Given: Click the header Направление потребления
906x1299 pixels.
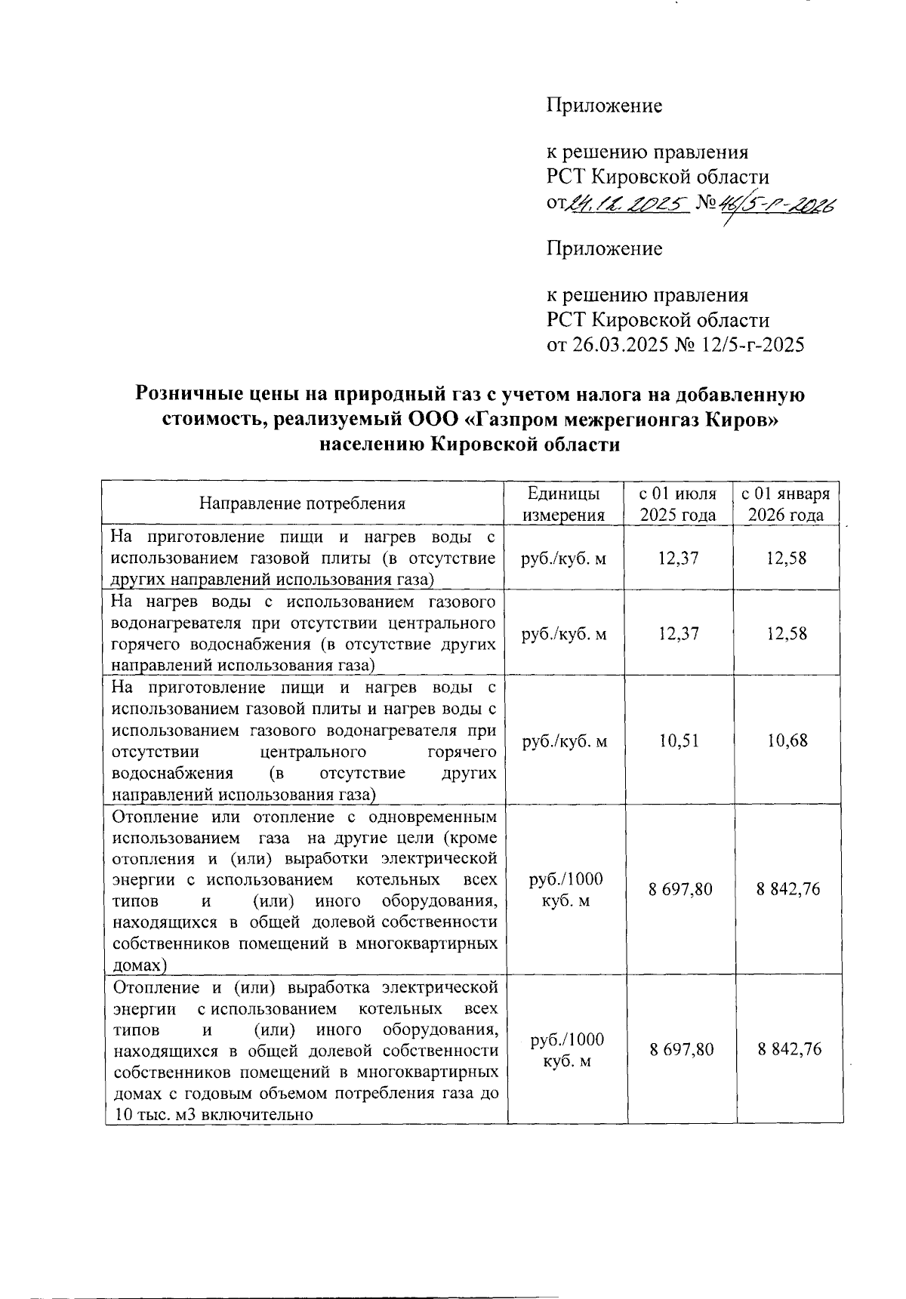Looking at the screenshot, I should (302, 503).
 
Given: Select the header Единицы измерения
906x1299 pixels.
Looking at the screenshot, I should (564, 504).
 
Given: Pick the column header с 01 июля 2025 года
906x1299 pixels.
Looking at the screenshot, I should (678, 504).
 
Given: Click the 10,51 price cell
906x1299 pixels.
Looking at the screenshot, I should (678, 740).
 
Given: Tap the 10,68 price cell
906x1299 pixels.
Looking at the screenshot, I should (787, 740).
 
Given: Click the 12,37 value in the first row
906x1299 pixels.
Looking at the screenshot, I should (678, 558).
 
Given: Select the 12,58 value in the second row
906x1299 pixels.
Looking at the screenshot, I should (787, 633).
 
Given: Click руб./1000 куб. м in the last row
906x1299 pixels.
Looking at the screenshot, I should (567, 1050).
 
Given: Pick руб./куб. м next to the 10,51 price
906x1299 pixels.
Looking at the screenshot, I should (564, 741).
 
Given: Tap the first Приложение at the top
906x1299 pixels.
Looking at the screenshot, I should (604, 106).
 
